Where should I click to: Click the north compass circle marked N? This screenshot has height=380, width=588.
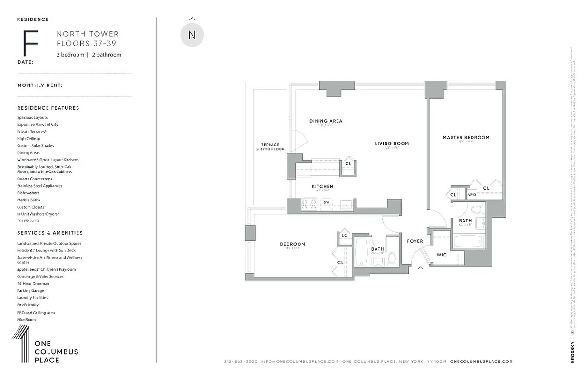tap(192, 35)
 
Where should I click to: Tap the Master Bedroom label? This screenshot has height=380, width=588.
tap(466, 138)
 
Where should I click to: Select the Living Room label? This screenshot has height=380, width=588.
tap(392, 144)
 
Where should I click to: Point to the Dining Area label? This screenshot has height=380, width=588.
tap(326, 121)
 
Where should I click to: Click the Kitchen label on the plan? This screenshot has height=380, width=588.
tap(322, 187)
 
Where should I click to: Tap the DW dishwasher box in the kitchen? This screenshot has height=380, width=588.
tap(326, 203)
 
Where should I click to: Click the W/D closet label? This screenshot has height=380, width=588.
tap(472, 195)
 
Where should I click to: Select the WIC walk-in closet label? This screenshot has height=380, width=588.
tap(442, 255)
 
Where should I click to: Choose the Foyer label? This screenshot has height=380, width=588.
tap(415, 241)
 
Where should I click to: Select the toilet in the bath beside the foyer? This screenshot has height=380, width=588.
tap(392, 258)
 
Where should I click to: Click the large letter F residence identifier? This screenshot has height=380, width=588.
tap(30, 43)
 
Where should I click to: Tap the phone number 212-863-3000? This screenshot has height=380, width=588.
tap(241, 361)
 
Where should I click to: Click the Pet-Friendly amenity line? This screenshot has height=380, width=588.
tap(28, 305)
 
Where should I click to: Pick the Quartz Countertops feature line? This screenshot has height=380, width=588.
tap(35, 179)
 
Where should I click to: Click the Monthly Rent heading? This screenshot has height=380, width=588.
tap(40, 85)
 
